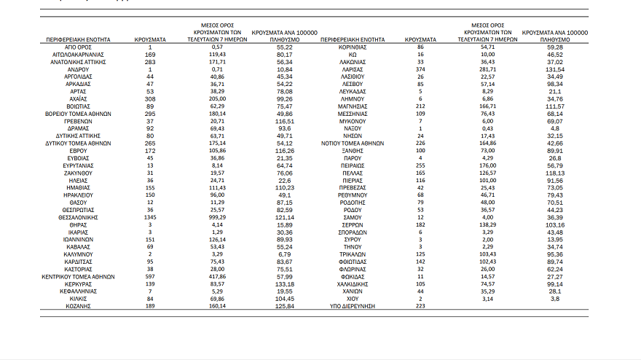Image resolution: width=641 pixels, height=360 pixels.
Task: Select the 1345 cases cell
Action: point(151,216)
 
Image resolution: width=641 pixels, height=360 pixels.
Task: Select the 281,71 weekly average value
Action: point(488,68)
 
